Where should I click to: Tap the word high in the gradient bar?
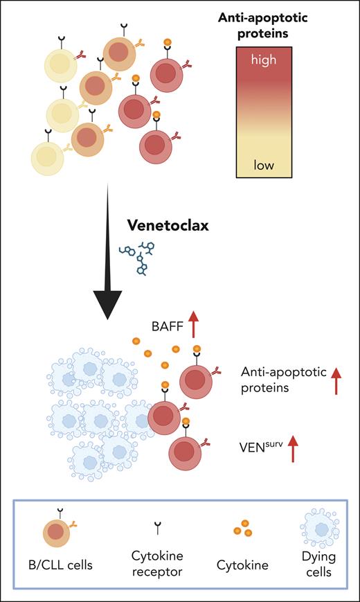264,60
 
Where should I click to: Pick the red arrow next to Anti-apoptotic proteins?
336,381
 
